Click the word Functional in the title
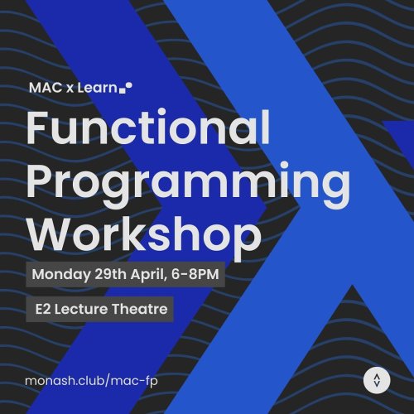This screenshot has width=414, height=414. click(148, 130)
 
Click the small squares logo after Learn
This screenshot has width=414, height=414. click(126, 86)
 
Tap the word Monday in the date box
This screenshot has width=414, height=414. click(59, 274)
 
